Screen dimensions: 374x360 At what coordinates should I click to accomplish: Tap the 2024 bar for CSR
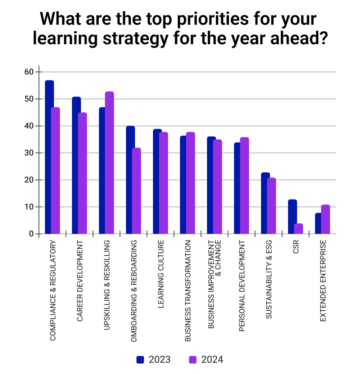(x=298, y=229)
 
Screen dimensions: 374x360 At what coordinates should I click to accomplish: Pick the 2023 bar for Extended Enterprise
(x=318, y=223)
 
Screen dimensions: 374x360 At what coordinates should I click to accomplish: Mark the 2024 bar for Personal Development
(x=244, y=186)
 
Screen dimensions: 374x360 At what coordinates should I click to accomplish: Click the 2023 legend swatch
(x=140, y=359)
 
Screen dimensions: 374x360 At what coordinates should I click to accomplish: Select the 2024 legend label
(x=212, y=359)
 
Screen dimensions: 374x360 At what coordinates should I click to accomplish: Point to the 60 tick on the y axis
(x=28, y=72)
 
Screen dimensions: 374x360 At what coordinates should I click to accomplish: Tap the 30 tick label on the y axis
(x=28, y=153)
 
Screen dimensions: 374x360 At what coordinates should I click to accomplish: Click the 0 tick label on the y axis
(x=31, y=234)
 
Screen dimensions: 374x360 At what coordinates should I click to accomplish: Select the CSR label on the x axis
(x=296, y=248)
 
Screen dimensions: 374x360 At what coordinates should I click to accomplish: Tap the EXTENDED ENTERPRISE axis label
(x=323, y=280)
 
